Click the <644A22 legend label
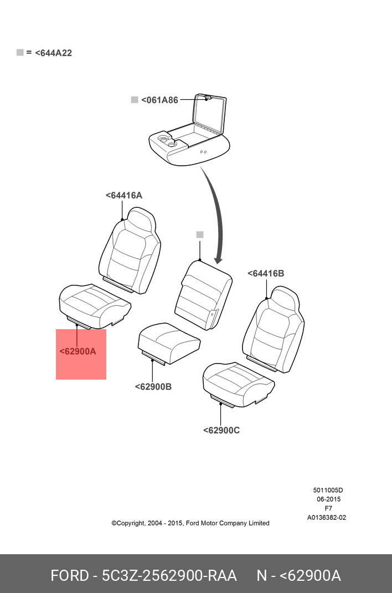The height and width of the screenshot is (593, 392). click(53, 53)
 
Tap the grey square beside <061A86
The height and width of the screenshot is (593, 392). click(134, 100)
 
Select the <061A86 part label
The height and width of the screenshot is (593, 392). click(159, 100)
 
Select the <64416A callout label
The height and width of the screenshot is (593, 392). click(124, 195)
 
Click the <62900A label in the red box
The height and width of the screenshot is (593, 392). click(78, 351)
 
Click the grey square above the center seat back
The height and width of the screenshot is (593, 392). click(200, 235)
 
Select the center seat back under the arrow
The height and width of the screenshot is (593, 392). click(203, 294)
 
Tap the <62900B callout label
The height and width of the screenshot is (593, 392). click(153, 386)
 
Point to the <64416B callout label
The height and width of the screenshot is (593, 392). click(266, 273)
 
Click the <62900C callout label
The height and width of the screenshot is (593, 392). click(221, 430)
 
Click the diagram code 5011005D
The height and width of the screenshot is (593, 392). click(328, 490)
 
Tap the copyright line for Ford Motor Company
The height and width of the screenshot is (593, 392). click(190, 523)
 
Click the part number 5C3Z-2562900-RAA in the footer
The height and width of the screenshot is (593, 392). click(169, 575)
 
